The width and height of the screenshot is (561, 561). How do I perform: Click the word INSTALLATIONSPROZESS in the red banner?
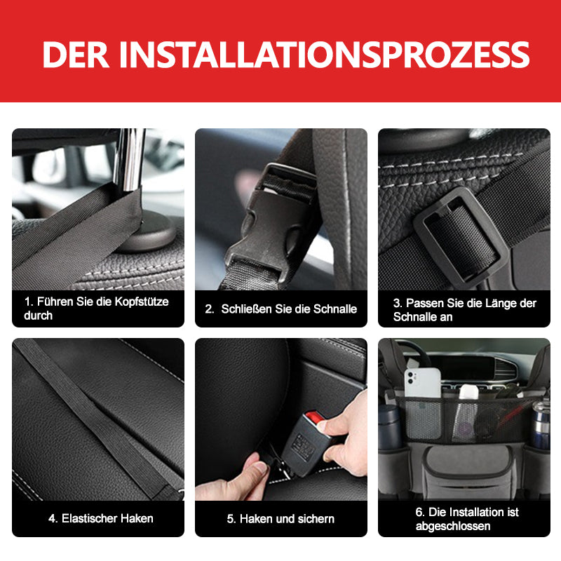[323, 55]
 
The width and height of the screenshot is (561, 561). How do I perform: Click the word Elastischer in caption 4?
[91, 519]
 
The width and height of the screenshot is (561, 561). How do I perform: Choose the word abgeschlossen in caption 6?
[452, 526]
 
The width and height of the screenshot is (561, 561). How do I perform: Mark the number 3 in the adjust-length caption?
[397, 303]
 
